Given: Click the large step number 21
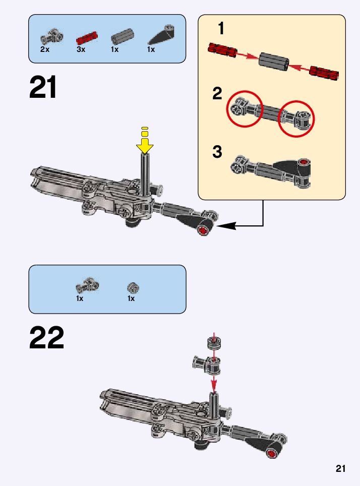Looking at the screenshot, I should click(43, 88).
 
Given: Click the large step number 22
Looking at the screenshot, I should click(46, 338).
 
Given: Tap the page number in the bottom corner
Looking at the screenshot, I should click(340, 469).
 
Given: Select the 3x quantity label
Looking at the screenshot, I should click(81, 50).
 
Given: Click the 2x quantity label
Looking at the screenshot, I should click(44, 50).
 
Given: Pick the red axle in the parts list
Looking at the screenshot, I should click(86, 38).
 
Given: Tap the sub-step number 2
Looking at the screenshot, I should click(217, 93).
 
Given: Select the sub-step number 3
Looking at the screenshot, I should click(217, 152).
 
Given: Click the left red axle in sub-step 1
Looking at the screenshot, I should click(222, 50).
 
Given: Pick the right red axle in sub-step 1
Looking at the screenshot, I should click(324, 73).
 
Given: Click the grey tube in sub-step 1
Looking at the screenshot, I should click(274, 60).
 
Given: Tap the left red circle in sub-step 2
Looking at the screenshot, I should click(244, 108).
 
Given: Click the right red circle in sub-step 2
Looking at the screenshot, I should click(296, 119).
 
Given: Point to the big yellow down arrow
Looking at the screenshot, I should click(145, 147).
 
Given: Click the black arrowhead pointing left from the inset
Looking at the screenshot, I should click(226, 226).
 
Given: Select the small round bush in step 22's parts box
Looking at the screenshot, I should click(133, 288).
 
